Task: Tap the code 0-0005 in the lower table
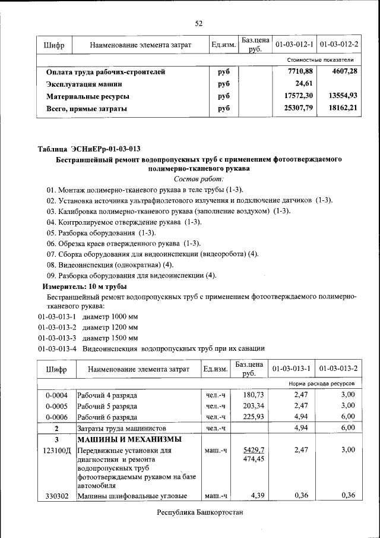point(56,405)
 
